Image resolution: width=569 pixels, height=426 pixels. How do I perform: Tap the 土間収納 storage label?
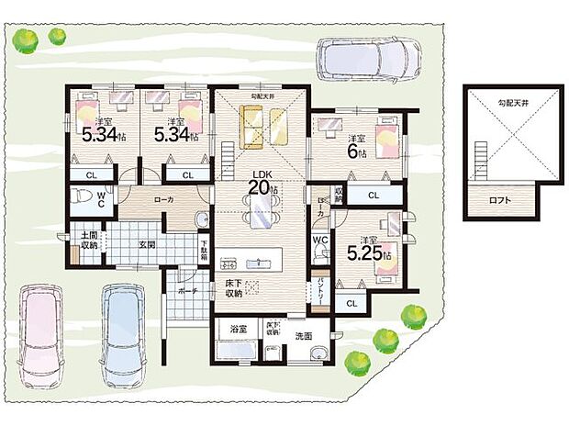pos(89,241)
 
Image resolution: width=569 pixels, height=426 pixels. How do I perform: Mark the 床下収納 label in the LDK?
pos(233,287)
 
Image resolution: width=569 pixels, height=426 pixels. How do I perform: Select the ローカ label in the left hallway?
pos(165,198)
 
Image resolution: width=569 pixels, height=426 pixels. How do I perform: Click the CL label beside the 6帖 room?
pos(374,196)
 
